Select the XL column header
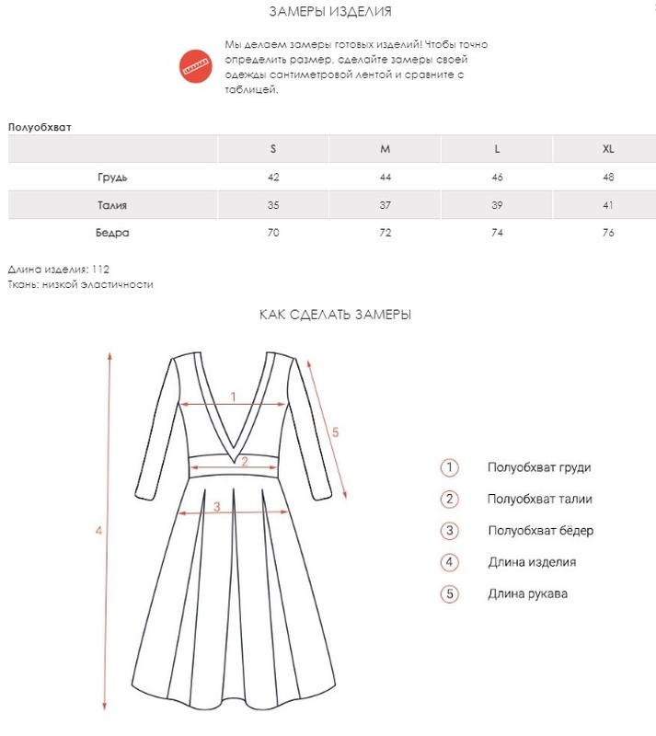[x=607, y=149]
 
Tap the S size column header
[x=273, y=149]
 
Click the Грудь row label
[x=112, y=177]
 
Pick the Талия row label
[x=112, y=205]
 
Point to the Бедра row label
[x=112, y=233]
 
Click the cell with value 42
[x=273, y=177]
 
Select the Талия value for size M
[x=386, y=205]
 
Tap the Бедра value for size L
[x=497, y=233]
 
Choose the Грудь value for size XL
[x=607, y=177]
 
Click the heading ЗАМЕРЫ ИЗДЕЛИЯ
[x=329, y=12]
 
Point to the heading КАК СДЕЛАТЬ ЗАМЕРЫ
[x=335, y=315]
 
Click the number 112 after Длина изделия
[x=101, y=270]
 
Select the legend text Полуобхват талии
[x=539, y=500]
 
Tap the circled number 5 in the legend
[x=449, y=593]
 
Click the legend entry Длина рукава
[x=527, y=593]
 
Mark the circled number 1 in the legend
[x=449, y=467]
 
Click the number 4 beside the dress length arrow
[x=98, y=531]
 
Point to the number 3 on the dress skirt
[x=216, y=505]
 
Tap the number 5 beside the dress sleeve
[x=336, y=431]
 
